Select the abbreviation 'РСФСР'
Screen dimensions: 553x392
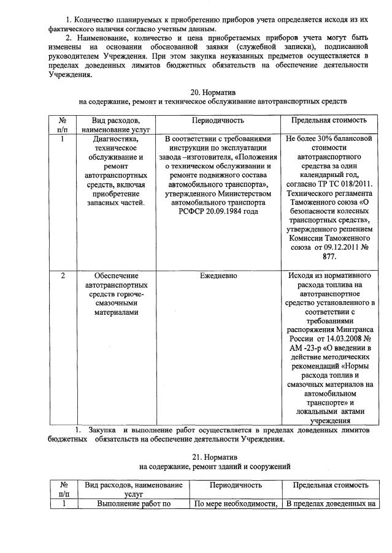pos(195,211)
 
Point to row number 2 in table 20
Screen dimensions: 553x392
pos(63,276)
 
